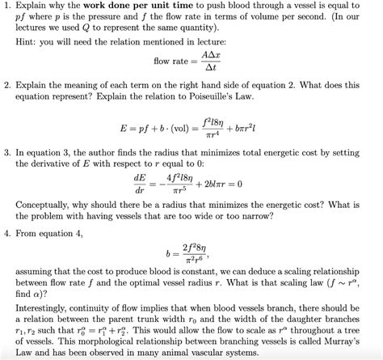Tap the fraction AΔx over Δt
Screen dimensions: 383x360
click(211, 62)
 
